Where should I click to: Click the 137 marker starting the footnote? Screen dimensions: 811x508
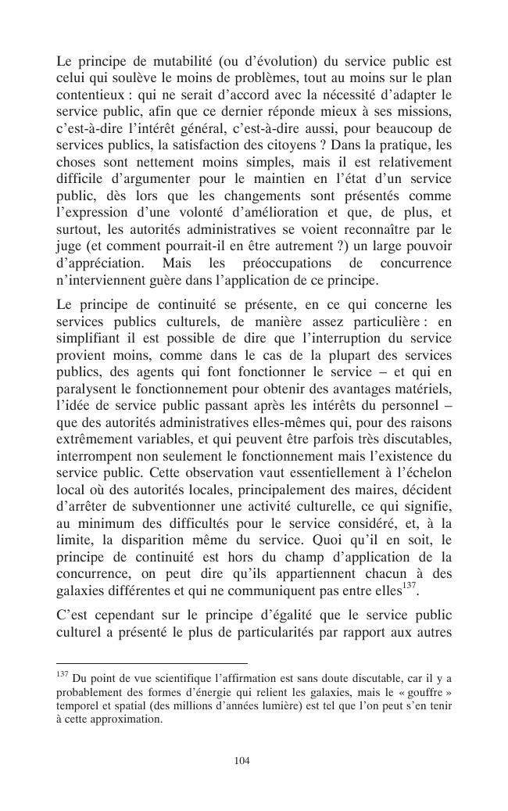click(x=63, y=673)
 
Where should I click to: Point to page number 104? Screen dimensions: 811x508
click(x=242, y=760)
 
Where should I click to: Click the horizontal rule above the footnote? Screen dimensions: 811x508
click(x=152, y=662)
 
